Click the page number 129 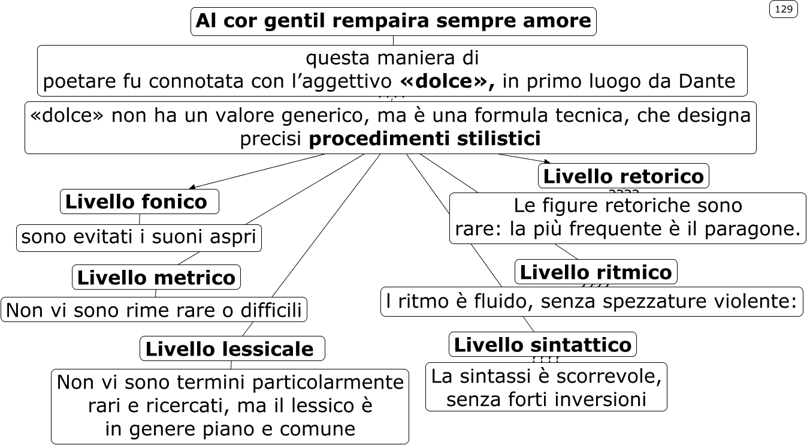[x=783, y=9]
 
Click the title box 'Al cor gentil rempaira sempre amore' [x=393, y=22]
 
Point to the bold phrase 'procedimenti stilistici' [x=424, y=139]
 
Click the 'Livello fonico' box [x=139, y=202]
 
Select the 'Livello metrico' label [x=156, y=278]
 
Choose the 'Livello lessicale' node [x=232, y=348]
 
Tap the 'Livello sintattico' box [x=542, y=344]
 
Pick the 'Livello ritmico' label [x=596, y=272]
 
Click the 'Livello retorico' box [x=623, y=176]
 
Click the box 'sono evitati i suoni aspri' [x=139, y=238]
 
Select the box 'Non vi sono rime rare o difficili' [x=154, y=310]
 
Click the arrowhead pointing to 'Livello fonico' [x=193, y=187]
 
